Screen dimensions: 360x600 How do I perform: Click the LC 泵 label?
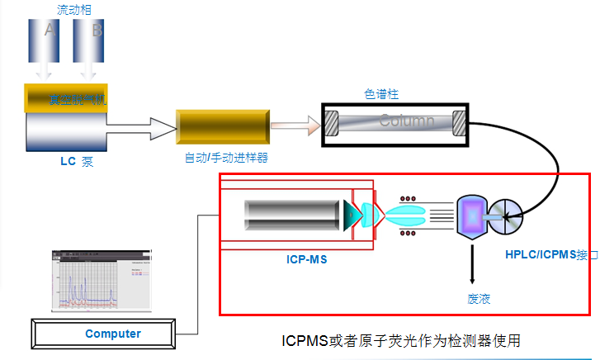[x=77, y=162]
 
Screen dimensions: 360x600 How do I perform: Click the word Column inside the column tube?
[x=406, y=121]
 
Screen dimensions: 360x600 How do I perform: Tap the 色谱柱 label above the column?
[x=381, y=93]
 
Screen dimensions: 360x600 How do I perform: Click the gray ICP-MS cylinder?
[x=293, y=215]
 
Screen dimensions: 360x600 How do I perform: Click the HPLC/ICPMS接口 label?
[x=551, y=254]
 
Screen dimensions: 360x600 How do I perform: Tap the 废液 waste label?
[x=479, y=298]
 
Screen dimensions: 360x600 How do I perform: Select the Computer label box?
[x=113, y=334]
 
